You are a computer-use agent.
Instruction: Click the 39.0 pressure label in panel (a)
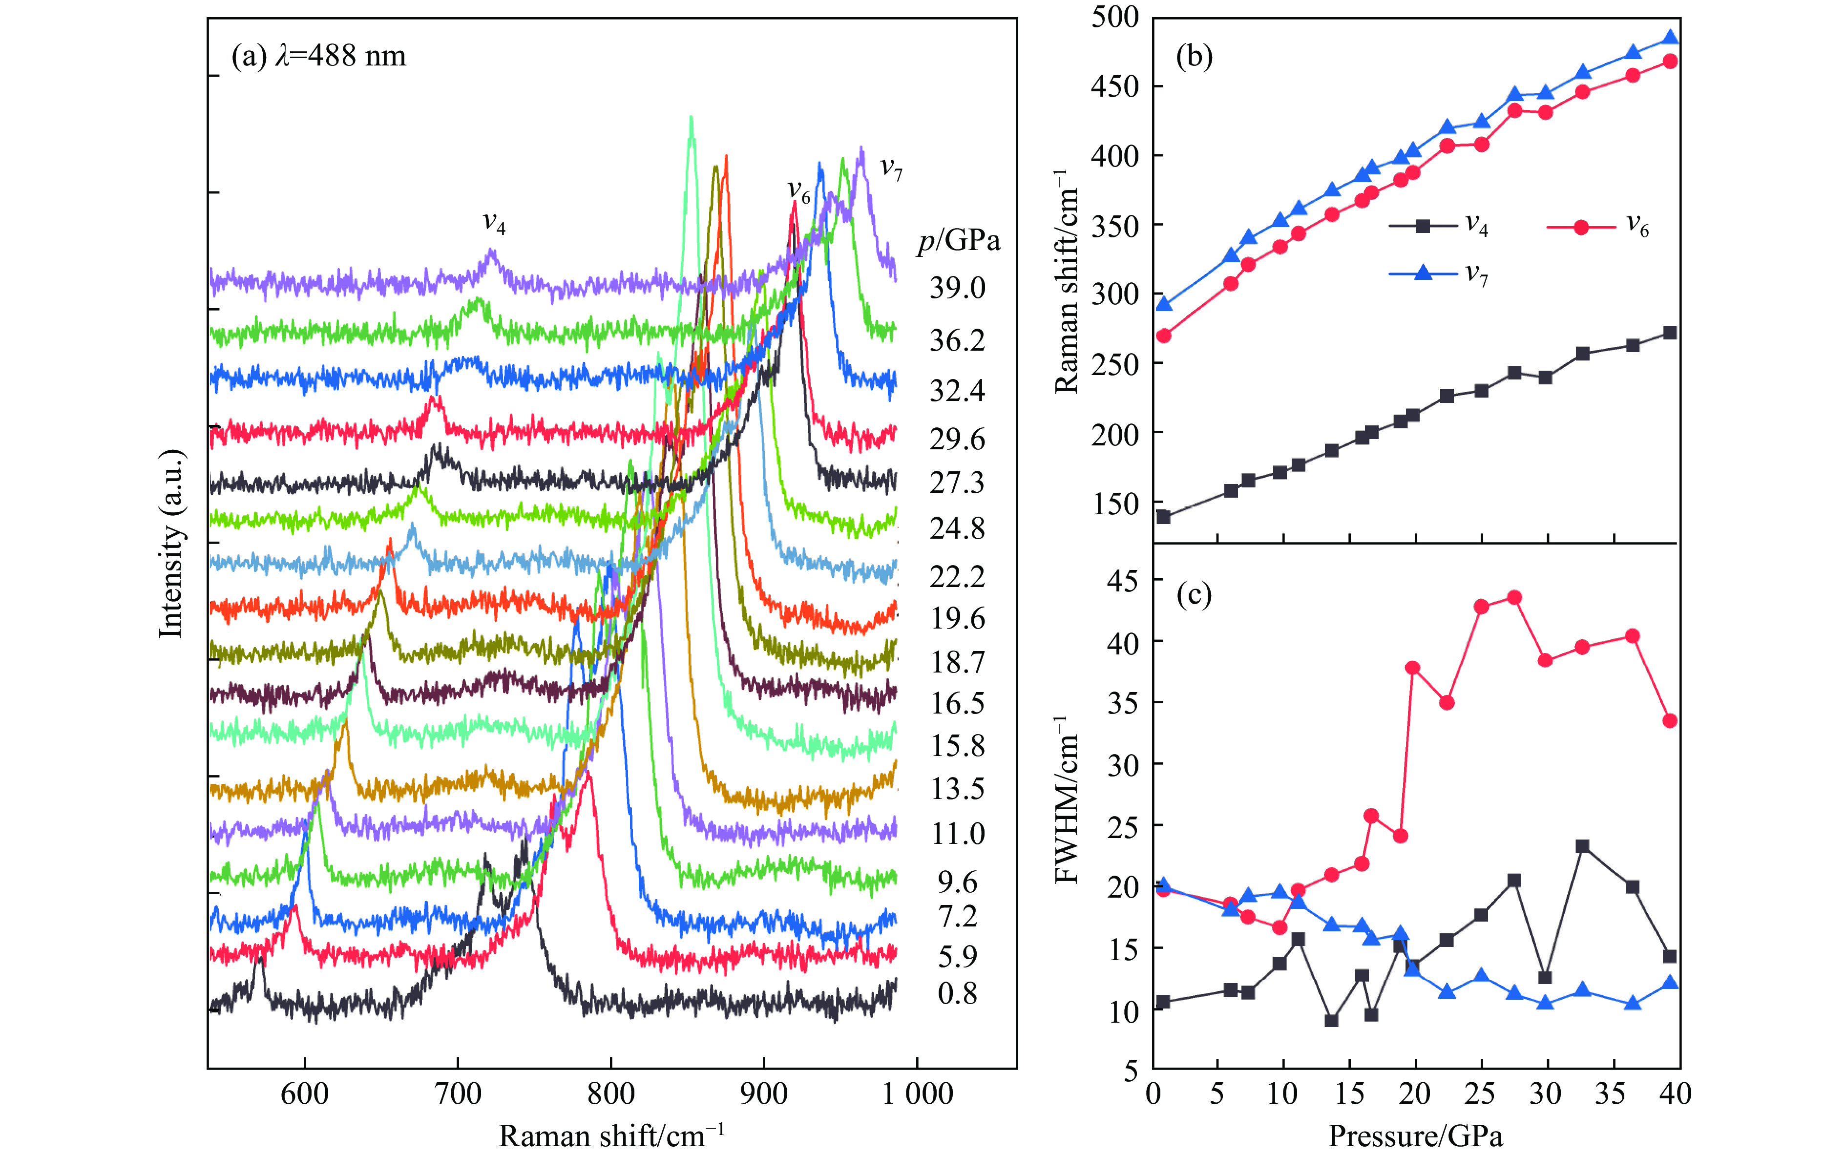[x=957, y=288]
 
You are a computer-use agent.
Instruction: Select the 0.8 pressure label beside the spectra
[x=957, y=993]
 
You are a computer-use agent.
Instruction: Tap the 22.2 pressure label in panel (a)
[x=957, y=576]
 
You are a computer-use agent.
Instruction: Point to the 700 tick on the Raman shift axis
[x=458, y=1093]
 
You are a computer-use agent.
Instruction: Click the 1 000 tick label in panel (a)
[x=917, y=1093]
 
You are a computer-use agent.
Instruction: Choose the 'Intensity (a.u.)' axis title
[x=171, y=543]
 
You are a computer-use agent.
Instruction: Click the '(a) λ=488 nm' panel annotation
[x=319, y=56]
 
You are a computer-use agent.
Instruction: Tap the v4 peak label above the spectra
[x=494, y=223]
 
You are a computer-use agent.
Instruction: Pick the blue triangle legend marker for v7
[x=1423, y=273]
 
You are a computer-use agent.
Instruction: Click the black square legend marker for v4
[x=1423, y=226]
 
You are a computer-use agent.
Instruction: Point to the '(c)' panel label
[x=1194, y=594]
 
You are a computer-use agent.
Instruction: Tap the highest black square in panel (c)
[x=1582, y=846]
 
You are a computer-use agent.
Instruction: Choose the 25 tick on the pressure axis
[x=1481, y=1093]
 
